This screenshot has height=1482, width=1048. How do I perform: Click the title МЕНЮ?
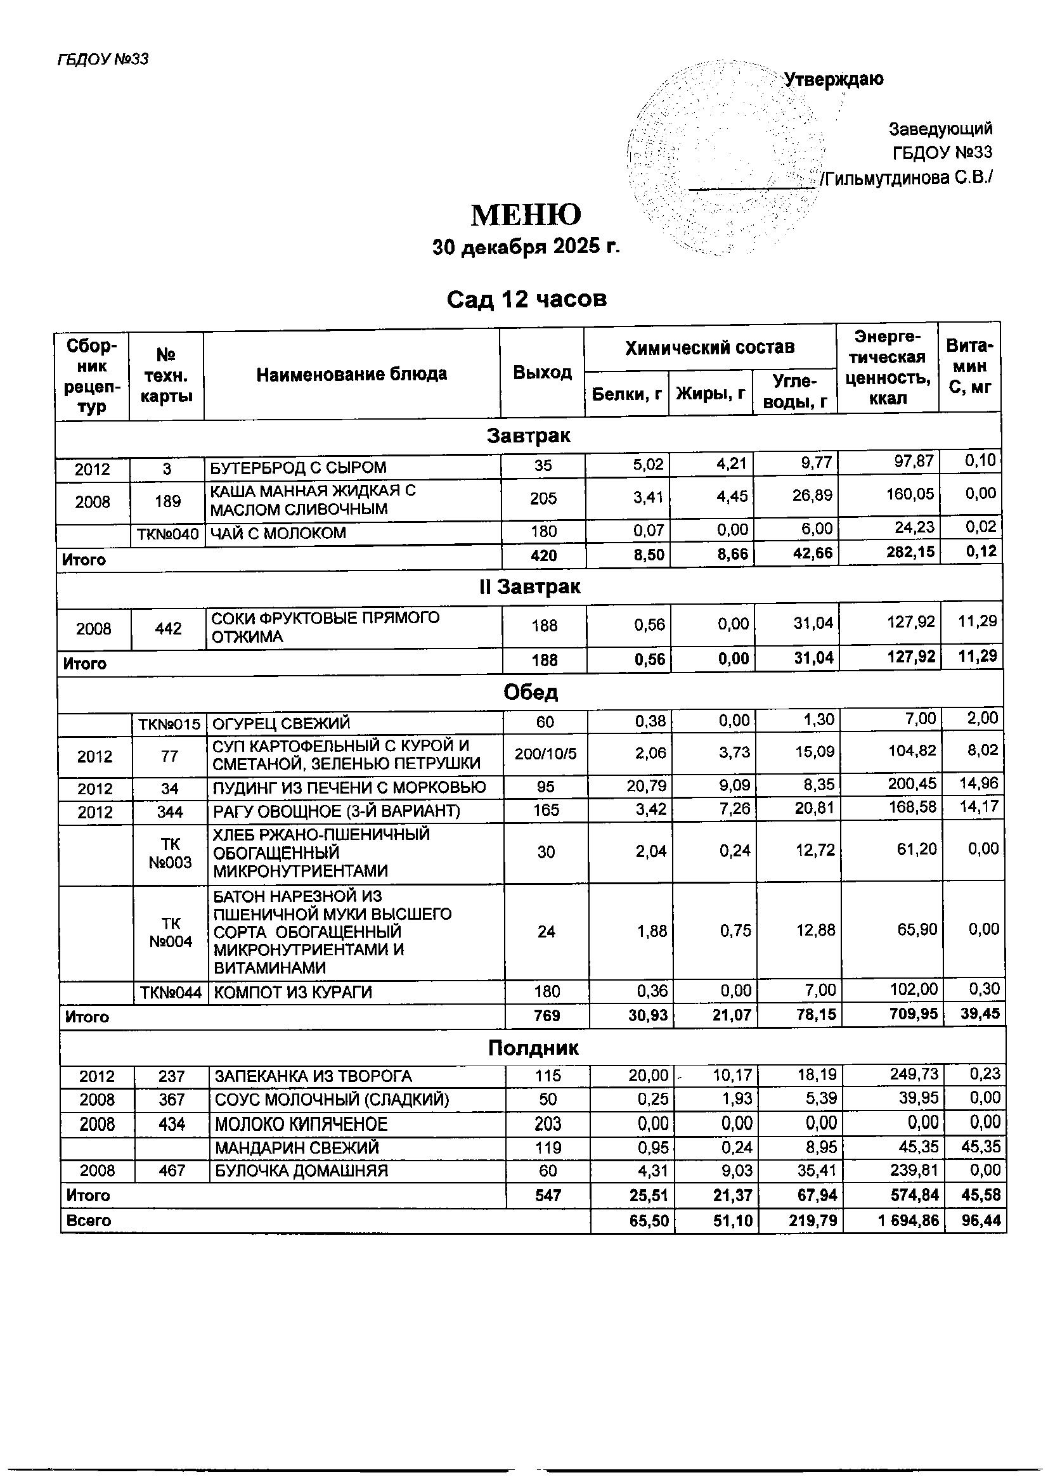pyautogui.click(x=526, y=216)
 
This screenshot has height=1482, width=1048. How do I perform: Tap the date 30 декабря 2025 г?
pyautogui.click(x=526, y=247)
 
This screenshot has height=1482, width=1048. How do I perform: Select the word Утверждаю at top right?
pyautogui.click(x=834, y=80)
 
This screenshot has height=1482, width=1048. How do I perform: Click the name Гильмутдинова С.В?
pyautogui.click(x=907, y=177)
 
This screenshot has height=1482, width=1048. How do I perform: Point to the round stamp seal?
pyautogui.click(x=727, y=158)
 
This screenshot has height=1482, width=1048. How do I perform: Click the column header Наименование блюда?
pyautogui.click(x=351, y=374)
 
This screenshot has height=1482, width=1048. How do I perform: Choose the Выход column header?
pyautogui.click(x=542, y=373)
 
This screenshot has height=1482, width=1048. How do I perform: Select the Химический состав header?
pyautogui.click(x=709, y=348)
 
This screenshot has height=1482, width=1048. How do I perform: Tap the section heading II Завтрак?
pyautogui.click(x=529, y=587)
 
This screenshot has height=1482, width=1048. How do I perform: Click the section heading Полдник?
pyautogui.click(x=533, y=1048)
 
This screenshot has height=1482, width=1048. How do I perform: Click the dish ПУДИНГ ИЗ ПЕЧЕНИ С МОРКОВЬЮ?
pyautogui.click(x=349, y=787)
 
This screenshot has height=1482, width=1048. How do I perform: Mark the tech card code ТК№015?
pyautogui.click(x=169, y=723)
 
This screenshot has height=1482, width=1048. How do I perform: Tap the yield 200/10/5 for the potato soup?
pyautogui.click(x=545, y=754)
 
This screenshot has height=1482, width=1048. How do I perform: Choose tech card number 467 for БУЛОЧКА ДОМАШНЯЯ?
pyautogui.click(x=172, y=1171)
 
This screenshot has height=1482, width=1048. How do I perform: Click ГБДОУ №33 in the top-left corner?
pyautogui.click(x=103, y=60)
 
